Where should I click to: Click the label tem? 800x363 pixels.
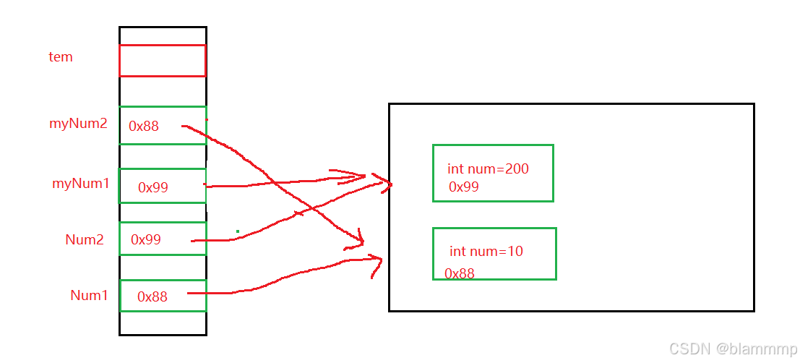coord(61,57)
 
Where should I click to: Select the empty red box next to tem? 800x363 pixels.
coord(162,60)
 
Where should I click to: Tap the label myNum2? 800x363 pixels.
coord(78,124)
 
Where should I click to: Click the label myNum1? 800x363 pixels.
coord(81,184)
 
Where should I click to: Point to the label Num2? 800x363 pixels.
coord(85,240)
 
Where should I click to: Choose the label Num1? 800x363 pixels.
coord(89,295)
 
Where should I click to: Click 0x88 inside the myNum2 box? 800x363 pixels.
coord(144,127)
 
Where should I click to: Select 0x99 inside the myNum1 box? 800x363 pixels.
coord(153,187)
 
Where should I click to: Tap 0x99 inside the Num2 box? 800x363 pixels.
coord(146,239)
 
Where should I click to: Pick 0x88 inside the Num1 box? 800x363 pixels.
coord(152,296)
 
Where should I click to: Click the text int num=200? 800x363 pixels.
coord(488,169)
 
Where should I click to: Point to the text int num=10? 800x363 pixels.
coord(486,252)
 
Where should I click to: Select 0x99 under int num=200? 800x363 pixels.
coord(464,187)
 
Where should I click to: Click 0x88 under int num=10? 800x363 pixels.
coord(460,273)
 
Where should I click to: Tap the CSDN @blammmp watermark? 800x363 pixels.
coord(733,349)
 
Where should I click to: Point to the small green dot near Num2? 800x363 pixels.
coord(238,231)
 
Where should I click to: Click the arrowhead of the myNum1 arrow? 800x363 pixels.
coord(365,176)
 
